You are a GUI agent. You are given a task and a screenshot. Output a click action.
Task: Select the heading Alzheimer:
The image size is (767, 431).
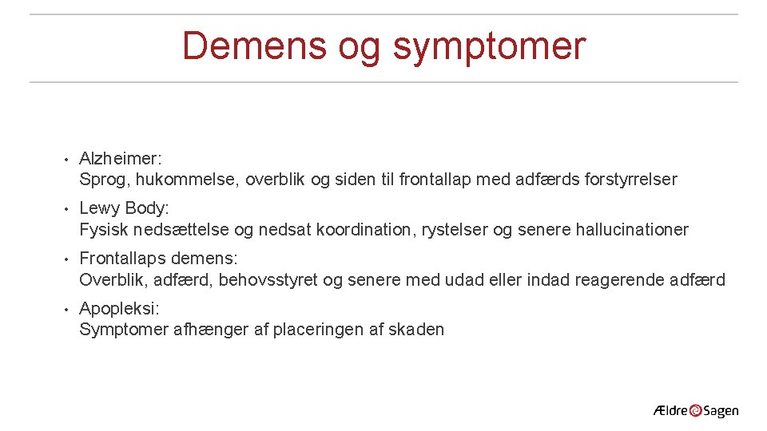tap(121, 159)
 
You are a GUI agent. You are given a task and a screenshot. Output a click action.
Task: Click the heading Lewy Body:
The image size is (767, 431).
tap(125, 209)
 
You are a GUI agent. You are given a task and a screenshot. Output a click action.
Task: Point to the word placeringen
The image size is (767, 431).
tap(317, 330)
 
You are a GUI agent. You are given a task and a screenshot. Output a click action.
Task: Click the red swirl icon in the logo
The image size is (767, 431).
tap(695, 411)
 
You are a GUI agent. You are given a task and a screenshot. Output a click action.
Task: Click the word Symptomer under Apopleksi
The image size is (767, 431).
tap(124, 330)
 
